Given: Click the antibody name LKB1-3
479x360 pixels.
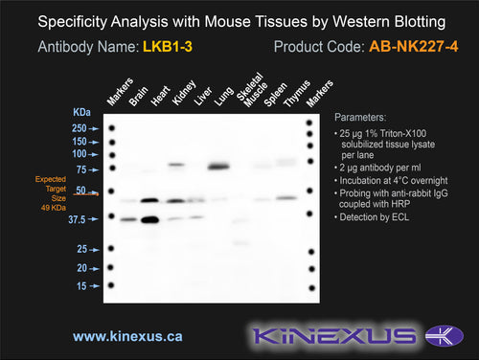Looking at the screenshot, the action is pyautogui.click(x=168, y=47).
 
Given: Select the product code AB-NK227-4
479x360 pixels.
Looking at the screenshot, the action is pyautogui.click(x=414, y=47).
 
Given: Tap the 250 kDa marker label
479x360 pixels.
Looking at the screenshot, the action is pyautogui.click(x=80, y=128).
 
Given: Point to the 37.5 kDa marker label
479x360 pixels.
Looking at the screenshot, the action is pyautogui.click(x=77, y=219).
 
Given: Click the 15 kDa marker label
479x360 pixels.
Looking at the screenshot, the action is pyautogui.click(x=81, y=286).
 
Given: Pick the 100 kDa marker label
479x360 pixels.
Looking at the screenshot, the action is pyautogui.click(x=80, y=154).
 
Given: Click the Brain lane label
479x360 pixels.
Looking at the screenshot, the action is pyautogui.click(x=138, y=96).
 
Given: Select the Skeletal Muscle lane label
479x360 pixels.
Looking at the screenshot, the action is pyautogui.click(x=252, y=89).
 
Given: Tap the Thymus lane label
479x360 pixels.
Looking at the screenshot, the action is pyautogui.click(x=297, y=93).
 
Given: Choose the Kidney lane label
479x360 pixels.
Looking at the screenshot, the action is pyautogui.click(x=184, y=93).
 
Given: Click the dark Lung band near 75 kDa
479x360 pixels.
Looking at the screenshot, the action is pyautogui.click(x=218, y=167).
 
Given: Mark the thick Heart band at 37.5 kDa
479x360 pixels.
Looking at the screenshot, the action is pyautogui.click(x=150, y=219).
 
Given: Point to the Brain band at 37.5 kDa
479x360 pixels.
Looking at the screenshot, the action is pyautogui.click(x=128, y=219).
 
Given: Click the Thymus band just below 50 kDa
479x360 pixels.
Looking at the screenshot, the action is pyautogui.click(x=286, y=198).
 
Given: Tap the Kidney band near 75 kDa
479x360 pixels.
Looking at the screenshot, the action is pyautogui.click(x=176, y=165).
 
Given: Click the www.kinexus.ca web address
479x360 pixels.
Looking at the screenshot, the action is pyautogui.click(x=127, y=336).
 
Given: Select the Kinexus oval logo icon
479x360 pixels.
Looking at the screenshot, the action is pyautogui.click(x=445, y=336).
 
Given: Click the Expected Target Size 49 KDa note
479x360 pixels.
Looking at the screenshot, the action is pyautogui.click(x=51, y=193).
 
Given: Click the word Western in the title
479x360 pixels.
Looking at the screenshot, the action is pyautogui.click(x=361, y=22).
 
